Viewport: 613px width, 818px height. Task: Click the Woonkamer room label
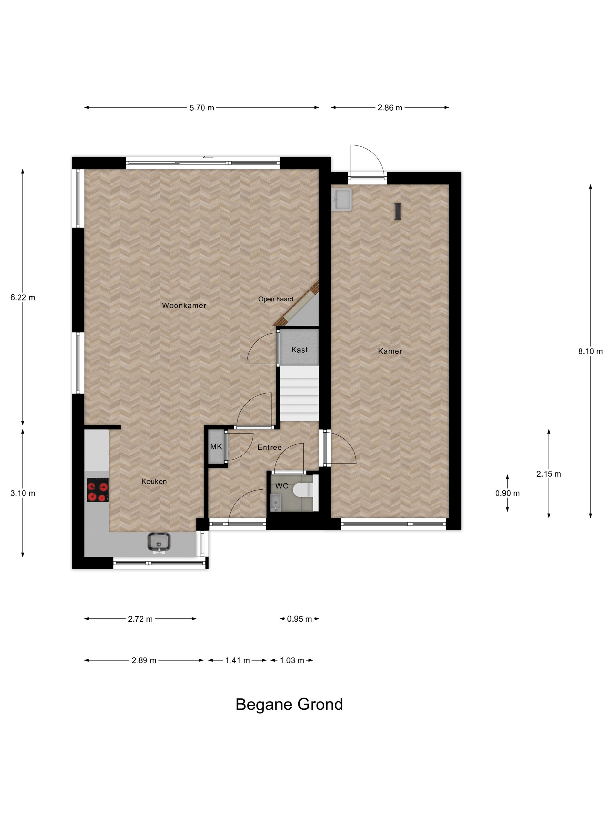184,306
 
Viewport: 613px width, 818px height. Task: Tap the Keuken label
154,481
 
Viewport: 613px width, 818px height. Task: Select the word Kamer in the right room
390,351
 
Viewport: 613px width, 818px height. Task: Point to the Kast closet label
299,350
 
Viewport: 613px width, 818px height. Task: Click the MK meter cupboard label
216,447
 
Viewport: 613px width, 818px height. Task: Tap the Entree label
269,448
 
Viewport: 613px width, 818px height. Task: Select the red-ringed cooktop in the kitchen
98,490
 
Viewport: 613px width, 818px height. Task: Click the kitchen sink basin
159,542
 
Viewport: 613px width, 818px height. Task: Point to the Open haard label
275,299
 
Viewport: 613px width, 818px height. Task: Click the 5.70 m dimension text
202,108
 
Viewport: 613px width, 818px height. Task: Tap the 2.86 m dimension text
390,108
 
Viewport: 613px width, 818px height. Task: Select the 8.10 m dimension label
591,352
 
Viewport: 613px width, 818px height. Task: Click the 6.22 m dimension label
23,298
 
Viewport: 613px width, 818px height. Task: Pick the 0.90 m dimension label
507,493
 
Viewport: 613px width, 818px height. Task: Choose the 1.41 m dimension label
238,661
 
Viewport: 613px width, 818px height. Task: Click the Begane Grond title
289,704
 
